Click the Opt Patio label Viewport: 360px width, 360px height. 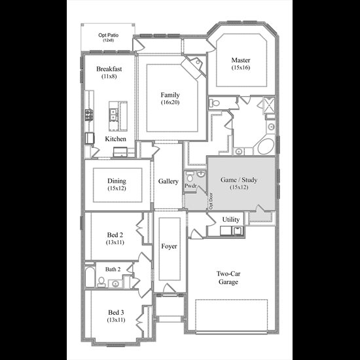[109, 35]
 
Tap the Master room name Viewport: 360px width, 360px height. [241, 60]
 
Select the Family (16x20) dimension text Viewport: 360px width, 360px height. [170, 102]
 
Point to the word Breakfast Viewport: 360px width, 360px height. [109, 69]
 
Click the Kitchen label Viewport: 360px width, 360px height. [115, 139]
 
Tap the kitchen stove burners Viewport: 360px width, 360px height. [89, 115]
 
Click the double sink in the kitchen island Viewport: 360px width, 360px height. [113, 115]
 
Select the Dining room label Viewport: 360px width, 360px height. [117, 181]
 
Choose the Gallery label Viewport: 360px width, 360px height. [168, 181]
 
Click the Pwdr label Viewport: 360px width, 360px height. [190, 185]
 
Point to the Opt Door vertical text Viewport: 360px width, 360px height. [211, 201]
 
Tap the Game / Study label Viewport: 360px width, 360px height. [239, 180]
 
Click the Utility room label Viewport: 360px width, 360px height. [231, 219]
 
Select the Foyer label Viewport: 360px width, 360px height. [169, 246]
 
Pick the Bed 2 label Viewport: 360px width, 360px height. [115, 235]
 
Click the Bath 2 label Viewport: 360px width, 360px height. [113, 269]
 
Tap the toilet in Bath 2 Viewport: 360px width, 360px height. [101, 282]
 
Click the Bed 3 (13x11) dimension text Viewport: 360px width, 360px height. [116, 320]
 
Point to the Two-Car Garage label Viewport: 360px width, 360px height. [228, 278]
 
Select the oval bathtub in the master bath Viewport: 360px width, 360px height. [266, 147]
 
